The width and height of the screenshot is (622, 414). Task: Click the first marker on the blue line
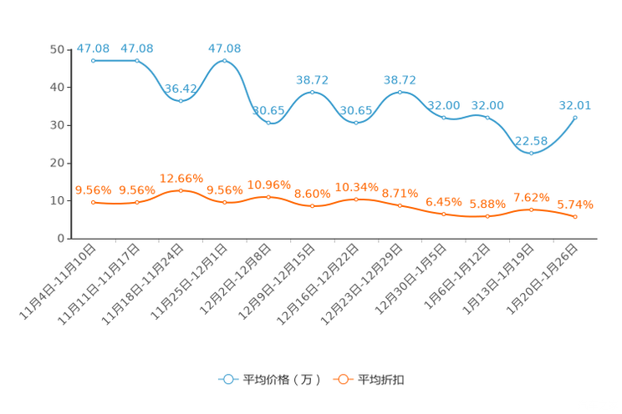[94, 60]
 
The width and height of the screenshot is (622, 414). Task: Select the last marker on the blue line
[575, 118]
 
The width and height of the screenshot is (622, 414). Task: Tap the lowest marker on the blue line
[531, 153]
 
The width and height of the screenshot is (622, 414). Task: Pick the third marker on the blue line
[181, 99]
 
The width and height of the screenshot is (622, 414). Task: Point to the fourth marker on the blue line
[224, 60]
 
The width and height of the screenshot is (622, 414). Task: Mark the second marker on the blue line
[137, 60]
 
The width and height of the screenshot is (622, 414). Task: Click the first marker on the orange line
[94, 202]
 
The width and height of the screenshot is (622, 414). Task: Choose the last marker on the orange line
[575, 218]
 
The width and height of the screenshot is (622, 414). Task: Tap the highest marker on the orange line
[181, 190]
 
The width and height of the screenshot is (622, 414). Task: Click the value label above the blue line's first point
[94, 48]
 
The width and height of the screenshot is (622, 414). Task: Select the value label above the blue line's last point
[575, 105]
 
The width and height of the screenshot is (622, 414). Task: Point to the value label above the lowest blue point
[532, 139]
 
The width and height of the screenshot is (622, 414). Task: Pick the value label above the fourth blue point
[224, 48]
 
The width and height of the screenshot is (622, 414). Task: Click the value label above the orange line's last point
[575, 204]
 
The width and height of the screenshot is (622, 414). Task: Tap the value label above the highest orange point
[181, 178]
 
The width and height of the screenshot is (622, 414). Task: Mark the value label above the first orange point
[94, 189]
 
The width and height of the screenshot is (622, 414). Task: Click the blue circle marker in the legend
[229, 379]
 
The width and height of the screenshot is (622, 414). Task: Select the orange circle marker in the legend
[343, 379]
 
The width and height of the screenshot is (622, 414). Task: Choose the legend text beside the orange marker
[381, 380]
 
